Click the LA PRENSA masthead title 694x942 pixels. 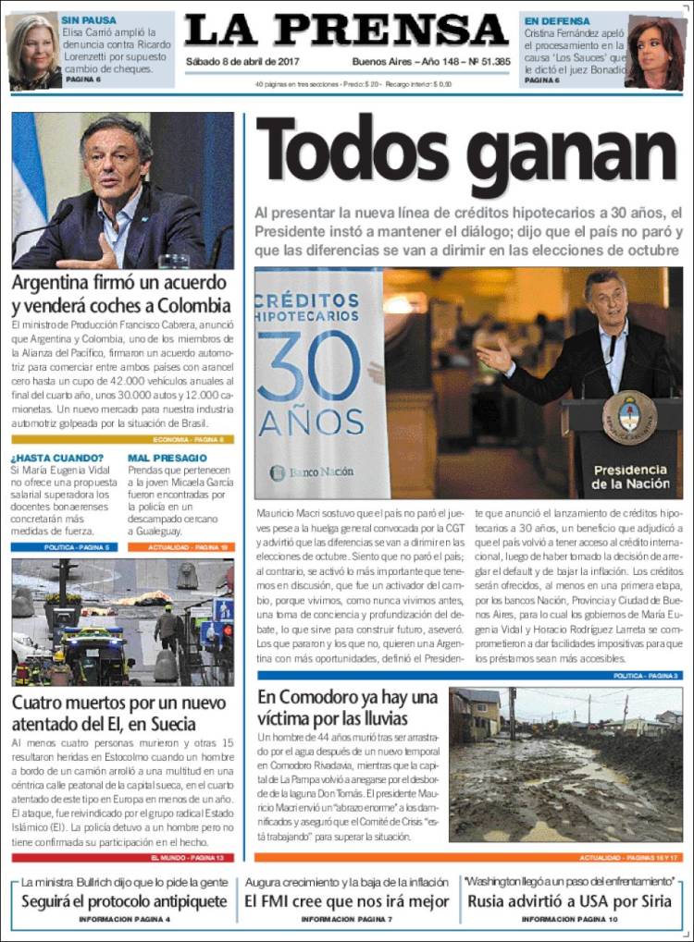tap(346, 31)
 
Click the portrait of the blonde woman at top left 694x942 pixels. tap(34, 52)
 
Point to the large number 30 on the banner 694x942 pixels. tap(309, 365)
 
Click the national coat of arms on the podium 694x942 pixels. tap(629, 418)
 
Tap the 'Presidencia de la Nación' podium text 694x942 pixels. tap(629, 476)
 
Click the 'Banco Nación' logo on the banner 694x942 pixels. tap(312, 471)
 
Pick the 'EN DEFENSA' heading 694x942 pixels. tap(557, 19)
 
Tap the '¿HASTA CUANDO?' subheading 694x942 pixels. tap(57, 458)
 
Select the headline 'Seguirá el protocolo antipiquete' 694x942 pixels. tap(124, 900)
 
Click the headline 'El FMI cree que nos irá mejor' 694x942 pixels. tap(347, 900)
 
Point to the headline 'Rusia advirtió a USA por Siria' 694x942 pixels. tap(569, 900)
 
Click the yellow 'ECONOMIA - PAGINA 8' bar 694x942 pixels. tap(123, 440)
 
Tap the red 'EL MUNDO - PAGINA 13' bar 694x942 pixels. tap(123, 857)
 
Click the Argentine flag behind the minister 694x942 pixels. tap(28, 185)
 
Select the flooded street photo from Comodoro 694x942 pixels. tap(565, 764)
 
